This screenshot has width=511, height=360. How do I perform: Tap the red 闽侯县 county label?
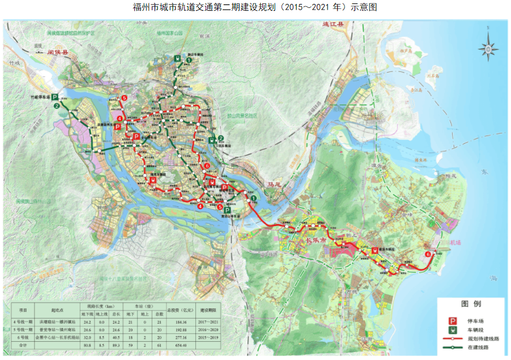58,52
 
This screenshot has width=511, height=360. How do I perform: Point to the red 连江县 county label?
333,25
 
